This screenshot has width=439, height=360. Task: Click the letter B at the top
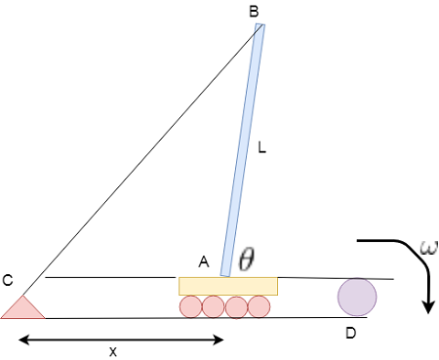[254, 12]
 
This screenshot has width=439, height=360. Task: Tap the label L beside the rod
[261, 150]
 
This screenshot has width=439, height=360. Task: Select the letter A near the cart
[204, 261]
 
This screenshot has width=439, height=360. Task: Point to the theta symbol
[247, 259]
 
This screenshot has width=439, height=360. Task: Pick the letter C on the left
[7, 281]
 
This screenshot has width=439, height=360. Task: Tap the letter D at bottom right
[351, 334]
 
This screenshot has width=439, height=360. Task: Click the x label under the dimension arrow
[113, 352]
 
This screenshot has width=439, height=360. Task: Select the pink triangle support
[21, 308]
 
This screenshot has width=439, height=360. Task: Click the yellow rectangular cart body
[228, 286]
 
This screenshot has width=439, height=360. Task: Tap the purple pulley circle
[356, 297]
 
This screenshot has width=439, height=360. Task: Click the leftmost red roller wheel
[190, 306]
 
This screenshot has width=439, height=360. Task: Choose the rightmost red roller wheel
[259, 306]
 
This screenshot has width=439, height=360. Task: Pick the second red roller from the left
[213, 306]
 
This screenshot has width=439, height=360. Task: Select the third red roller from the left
[236, 306]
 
